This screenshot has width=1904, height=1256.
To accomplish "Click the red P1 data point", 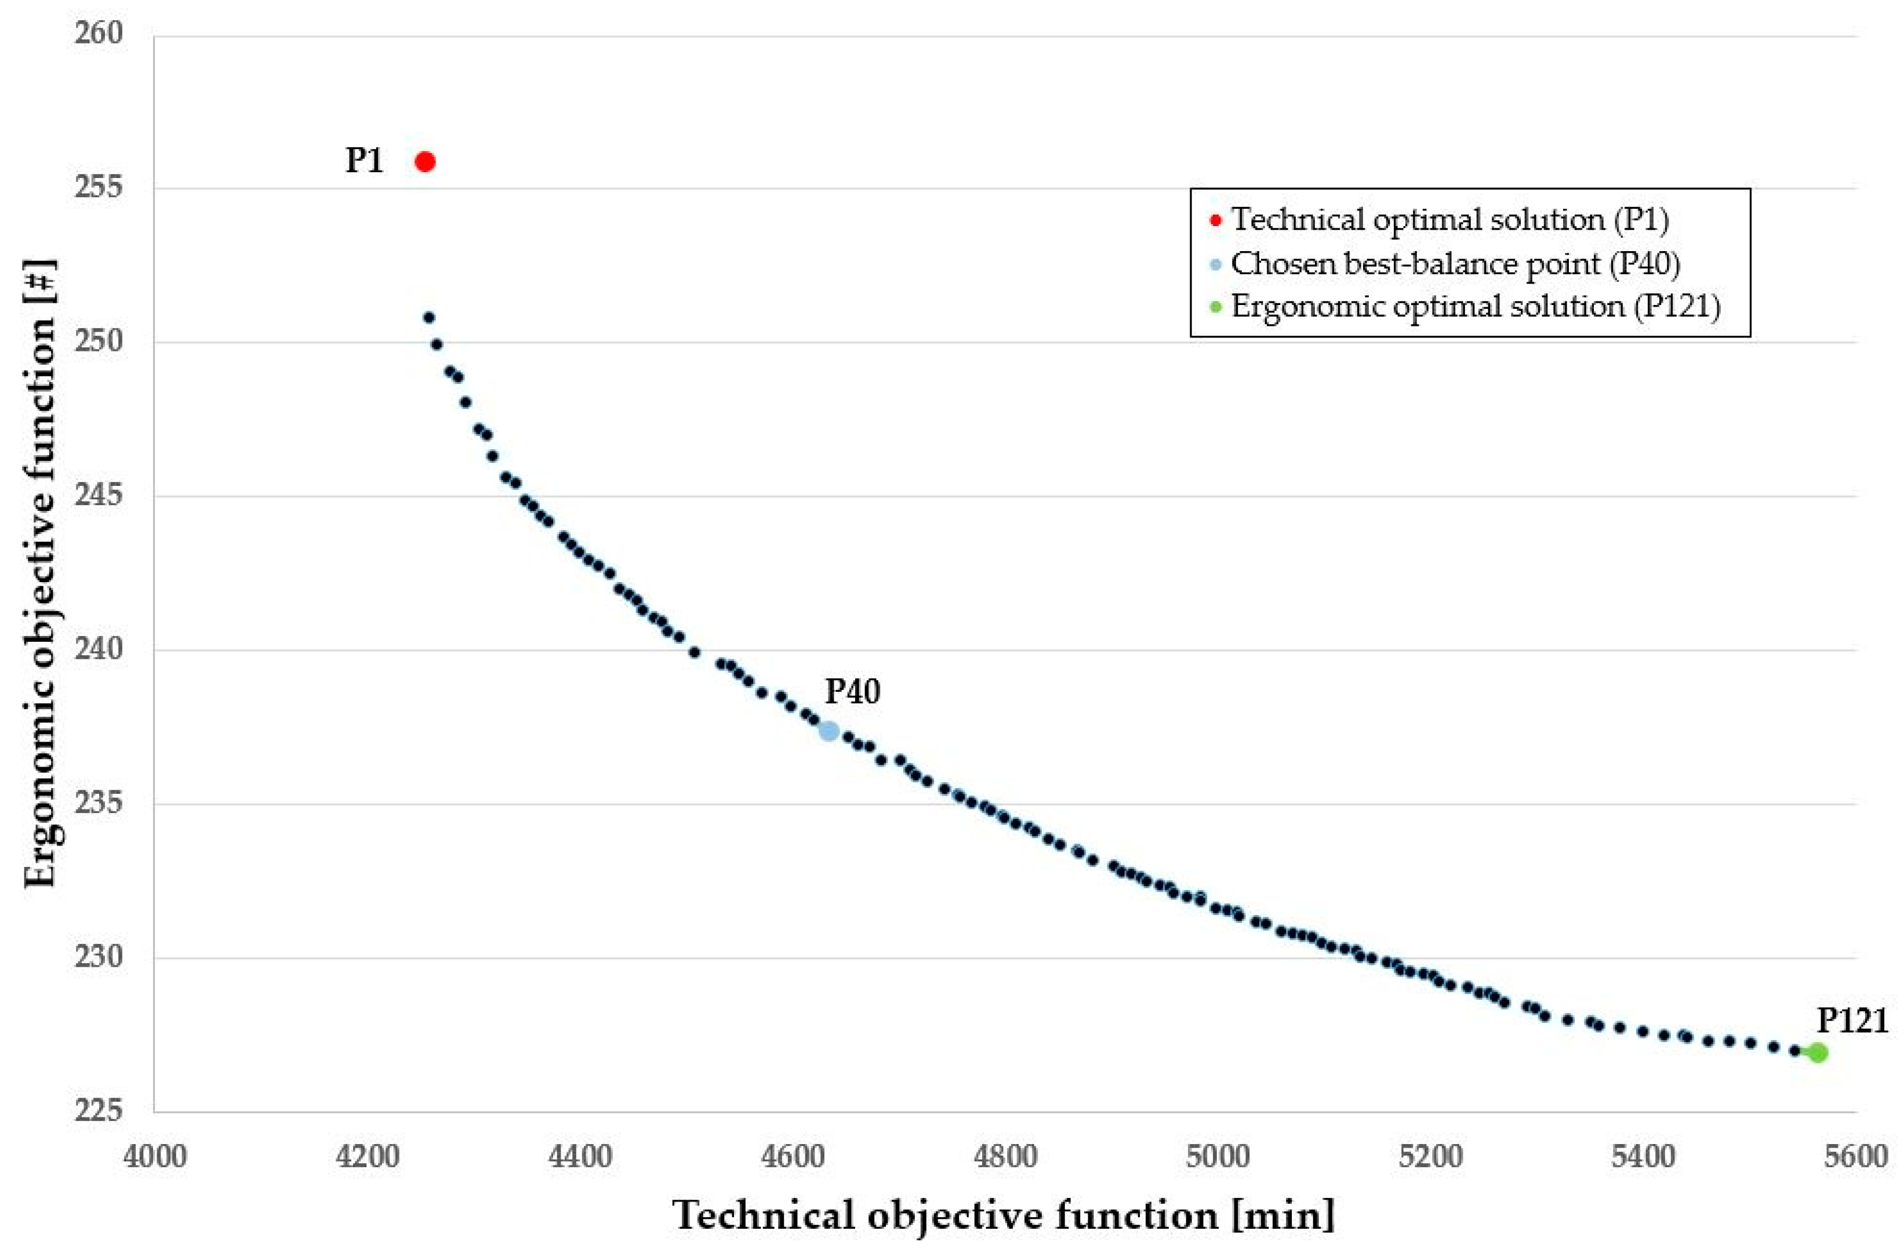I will tap(425, 162).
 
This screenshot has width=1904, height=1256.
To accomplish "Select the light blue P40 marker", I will tap(830, 731).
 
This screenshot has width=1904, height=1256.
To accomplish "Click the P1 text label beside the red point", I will tap(364, 160).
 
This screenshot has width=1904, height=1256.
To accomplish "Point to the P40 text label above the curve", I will tap(853, 691).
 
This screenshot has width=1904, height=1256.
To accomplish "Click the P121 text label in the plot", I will tap(1852, 1021).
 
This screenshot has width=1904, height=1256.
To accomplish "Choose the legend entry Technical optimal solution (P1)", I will tap(1449, 219).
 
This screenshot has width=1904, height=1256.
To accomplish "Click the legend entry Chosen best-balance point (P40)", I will tap(1455, 263).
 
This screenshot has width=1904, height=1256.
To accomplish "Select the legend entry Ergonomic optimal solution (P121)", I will tap(1475, 307).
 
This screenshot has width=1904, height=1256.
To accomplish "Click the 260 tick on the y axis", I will tap(99, 34).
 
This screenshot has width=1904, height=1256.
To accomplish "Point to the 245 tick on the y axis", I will tap(99, 495).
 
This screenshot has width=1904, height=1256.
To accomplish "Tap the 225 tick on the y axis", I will tap(99, 1110).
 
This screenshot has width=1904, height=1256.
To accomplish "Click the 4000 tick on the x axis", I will tap(155, 1157).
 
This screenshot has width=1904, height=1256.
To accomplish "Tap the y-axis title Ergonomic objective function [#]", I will tap(40, 573).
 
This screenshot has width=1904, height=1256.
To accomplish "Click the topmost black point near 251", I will tap(429, 318).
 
